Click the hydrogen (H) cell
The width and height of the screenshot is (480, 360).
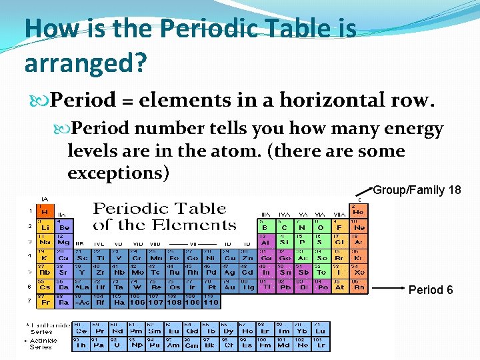tap(46, 211)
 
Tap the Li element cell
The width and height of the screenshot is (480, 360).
tap(46, 226)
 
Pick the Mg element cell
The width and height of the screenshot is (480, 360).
tap(64, 241)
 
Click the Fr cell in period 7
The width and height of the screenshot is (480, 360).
tap(46, 301)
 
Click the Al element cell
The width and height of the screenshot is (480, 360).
tap(265, 241)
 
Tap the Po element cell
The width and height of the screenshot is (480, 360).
tap(322, 287)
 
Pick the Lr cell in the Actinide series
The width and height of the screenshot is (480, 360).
tap(320, 343)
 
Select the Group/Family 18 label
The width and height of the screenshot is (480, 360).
tap(417, 190)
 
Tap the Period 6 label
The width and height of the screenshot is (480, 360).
tap(431, 290)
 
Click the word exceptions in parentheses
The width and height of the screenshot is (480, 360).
tap(119, 173)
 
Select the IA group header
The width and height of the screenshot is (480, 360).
tap(45, 199)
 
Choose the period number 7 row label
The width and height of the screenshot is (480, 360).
tap(29, 301)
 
